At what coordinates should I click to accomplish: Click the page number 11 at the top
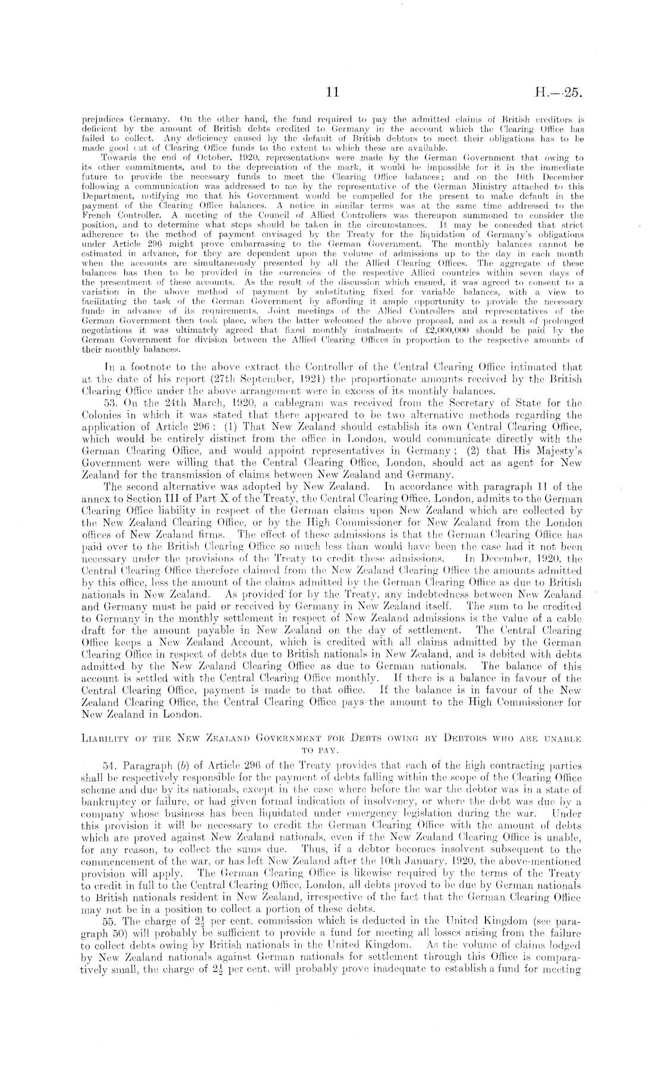[x=332, y=93]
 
